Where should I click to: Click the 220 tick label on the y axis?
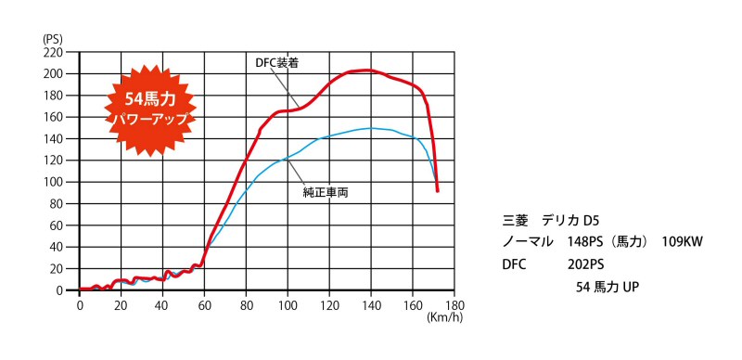point(53,52)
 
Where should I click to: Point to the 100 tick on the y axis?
point(53,182)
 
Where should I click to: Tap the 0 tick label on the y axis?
point(59,290)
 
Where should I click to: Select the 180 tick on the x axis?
point(454,303)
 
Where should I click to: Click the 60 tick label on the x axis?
point(204,303)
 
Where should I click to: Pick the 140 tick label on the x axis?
point(371,303)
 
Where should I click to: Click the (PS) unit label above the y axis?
point(52,38)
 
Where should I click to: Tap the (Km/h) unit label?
point(444,317)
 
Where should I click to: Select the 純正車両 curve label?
point(326,193)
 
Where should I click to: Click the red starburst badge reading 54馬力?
point(149,110)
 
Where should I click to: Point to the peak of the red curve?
point(366,71)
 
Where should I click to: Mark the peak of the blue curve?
point(371,128)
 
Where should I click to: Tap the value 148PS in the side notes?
point(586,242)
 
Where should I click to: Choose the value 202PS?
point(586,264)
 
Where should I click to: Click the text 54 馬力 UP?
point(608,287)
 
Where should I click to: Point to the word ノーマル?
point(528,242)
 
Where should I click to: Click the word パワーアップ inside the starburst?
point(150,119)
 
